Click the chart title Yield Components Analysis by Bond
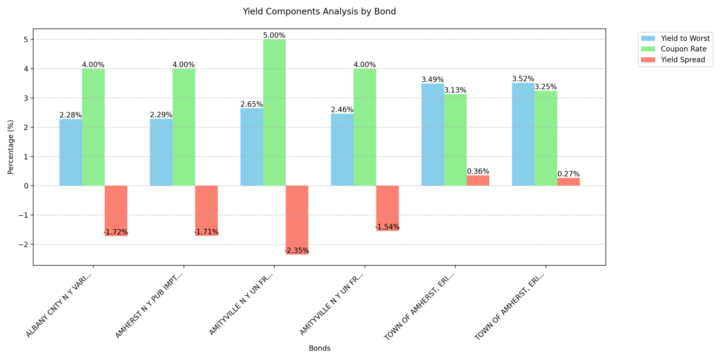point(319,11)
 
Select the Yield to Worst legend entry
point(685,38)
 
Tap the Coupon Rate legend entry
point(683,49)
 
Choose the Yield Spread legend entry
point(683,60)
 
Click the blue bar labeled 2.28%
point(71,152)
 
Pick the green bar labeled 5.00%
point(274,112)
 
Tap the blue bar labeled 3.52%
point(523,135)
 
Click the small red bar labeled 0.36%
point(478,180)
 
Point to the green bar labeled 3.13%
point(455,140)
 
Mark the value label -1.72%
point(116,232)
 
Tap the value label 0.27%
point(569,174)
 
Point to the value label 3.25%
point(546,87)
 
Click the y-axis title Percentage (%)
point(11,147)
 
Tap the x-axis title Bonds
point(319,348)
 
